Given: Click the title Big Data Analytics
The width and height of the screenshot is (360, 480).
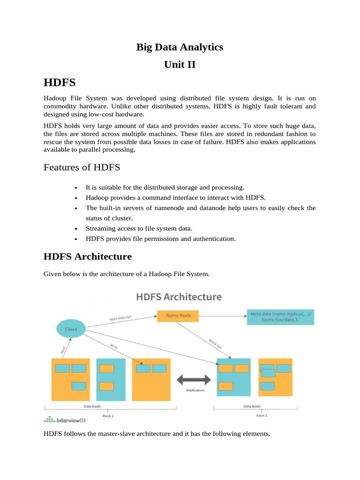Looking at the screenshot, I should tap(180, 47).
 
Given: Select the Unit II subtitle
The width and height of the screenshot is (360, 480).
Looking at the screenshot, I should tap(180, 65).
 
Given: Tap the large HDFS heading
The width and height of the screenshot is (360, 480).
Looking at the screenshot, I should tap(60, 83).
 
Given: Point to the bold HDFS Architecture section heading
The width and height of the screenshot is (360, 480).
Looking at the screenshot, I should tap(88, 256).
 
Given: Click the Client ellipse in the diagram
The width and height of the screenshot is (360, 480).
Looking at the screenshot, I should tap(71, 329).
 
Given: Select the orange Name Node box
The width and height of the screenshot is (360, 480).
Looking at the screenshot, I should tap(178, 316).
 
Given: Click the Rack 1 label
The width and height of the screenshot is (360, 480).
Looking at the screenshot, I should tap(108, 415).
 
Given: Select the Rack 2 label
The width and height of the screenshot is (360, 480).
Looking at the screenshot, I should tap(262, 415).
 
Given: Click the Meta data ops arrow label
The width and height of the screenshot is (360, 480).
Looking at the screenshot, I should tap(120, 318).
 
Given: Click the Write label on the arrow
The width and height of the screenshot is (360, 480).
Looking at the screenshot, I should tap(114, 346).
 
